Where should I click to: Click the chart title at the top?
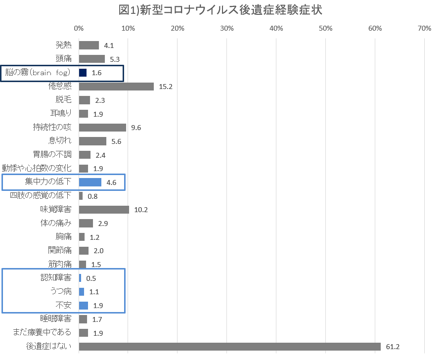coord(221,10)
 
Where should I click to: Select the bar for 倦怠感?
coord(116,87)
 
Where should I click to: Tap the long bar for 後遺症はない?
coord(229,346)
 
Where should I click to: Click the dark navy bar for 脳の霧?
coord(83,73)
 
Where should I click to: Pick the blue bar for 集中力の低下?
coord(90,182)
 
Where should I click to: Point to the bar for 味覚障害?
coord(104,210)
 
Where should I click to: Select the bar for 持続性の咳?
coord(102,128)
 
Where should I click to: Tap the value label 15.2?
coord(166,87)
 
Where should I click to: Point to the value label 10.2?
coord(141,210)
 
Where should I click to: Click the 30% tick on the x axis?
coord(226,29)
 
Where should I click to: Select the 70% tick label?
coord(424,29)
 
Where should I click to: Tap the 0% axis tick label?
coord(79,29)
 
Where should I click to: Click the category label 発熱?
coord(63,45)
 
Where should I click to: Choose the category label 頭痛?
coord(63,59)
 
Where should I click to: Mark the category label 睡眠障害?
coord(55,318)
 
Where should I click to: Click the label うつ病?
coord(60,291)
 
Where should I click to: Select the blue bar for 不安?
coord(83,305)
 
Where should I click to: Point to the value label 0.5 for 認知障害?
coord(91,278)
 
